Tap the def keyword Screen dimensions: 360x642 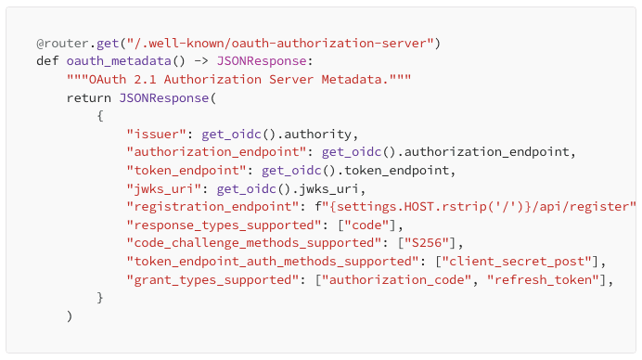pyautogui.click(x=47, y=61)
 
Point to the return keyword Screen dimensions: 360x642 pyautogui.click(x=89, y=96)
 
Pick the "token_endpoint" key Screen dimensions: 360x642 pyautogui.click(x=190, y=169)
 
